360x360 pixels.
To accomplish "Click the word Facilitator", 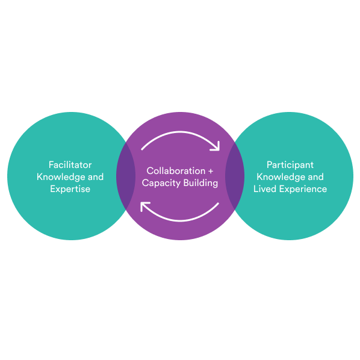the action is (x=70, y=165).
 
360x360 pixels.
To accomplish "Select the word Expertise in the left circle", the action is (x=70, y=189).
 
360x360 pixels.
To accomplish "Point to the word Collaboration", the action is (x=176, y=171).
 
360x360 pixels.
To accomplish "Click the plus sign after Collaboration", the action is (x=211, y=172).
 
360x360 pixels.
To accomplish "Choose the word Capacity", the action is (x=161, y=183).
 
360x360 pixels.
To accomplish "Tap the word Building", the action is (x=200, y=183).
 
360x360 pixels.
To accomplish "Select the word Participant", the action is (x=290, y=165).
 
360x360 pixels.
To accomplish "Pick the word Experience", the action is (x=303, y=190).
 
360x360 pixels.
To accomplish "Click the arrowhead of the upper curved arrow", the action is (x=219, y=149).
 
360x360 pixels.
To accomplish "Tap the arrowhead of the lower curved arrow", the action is (x=141, y=203).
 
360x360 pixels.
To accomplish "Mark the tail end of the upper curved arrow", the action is (x=141, y=150).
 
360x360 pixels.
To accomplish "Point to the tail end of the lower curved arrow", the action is (x=219, y=203).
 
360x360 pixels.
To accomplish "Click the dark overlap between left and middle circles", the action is (x=126, y=176).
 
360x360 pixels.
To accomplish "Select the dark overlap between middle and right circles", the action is (x=235, y=176).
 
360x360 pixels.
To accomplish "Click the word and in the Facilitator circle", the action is (x=96, y=177).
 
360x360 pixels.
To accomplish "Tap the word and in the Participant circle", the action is (x=316, y=177).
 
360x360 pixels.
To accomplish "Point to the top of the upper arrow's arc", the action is (x=180, y=132).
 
